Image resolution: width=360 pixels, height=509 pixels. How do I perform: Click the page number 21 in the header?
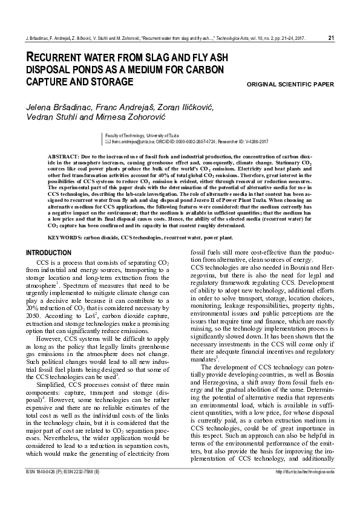pyautogui.click(x=331, y=38)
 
